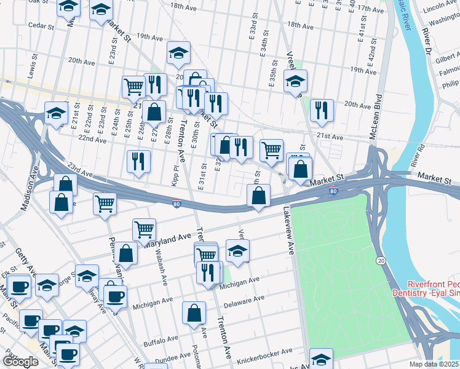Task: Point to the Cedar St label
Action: tap(41, 27)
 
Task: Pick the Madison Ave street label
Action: tap(30, 195)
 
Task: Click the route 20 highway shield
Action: tap(381, 262)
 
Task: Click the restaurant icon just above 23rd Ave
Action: tap(138, 161)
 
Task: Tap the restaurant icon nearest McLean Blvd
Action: tap(322, 110)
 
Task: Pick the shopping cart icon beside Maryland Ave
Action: tap(144, 229)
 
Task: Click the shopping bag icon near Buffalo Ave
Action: tap(194, 312)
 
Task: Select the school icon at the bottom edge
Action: tap(321, 358)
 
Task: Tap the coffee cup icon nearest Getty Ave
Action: tap(18, 286)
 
